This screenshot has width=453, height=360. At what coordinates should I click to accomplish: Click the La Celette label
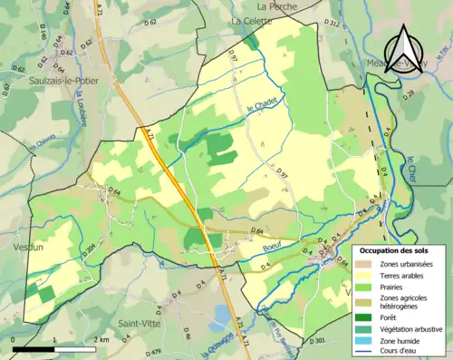pos(251,19)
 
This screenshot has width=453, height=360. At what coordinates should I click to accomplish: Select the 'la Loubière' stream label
pos(94,115)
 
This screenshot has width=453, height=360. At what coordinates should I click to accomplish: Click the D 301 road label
pos(316,340)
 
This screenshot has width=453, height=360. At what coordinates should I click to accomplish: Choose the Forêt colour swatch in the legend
pos(366,317)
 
